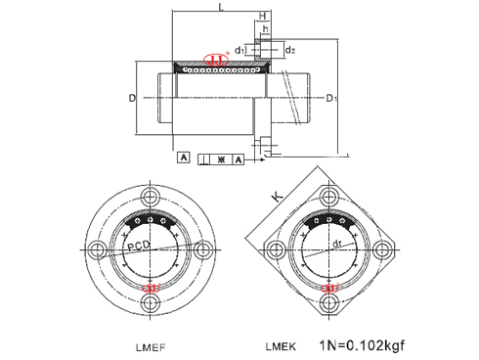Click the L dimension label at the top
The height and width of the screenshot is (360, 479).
click(222, 8)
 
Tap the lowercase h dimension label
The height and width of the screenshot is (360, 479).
click(265, 30)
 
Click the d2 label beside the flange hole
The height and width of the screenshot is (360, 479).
click(289, 49)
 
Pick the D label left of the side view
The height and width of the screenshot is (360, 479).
click(131, 99)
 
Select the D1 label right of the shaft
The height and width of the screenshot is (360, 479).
click(332, 99)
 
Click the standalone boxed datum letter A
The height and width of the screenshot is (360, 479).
click(183, 157)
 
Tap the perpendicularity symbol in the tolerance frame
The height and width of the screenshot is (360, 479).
click(203, 157)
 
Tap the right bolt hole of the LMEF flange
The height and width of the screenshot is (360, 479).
click(204, 249)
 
